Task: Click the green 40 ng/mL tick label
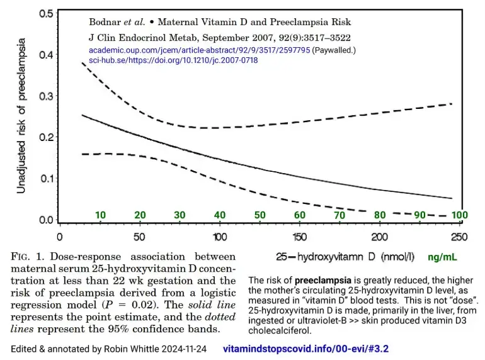pyautogui.click(x=220, y=215)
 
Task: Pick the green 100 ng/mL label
pyautogui.click(x=460, y=215)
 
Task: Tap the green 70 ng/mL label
pyautogui.click(x=339, y=215)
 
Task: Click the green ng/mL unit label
pyautogui.click(x=443, y=257)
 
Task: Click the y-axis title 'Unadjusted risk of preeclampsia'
pyautogui.click(x=21, y=116)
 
